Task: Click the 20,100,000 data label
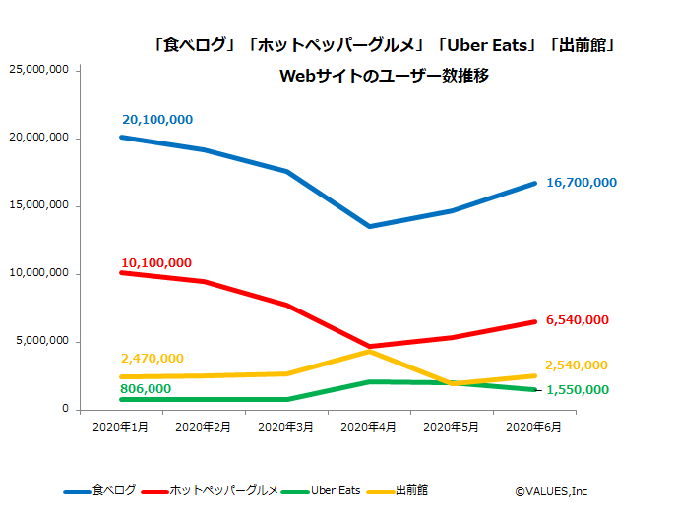[x=157, y=120]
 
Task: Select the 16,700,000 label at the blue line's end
[x=583, y=183]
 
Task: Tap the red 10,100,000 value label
[x=156, y=263]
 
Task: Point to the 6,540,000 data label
[x=577, y=320]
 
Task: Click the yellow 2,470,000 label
[x=153, y=359]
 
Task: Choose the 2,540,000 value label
[x=577, y=365]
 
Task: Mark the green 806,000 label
[x=146, y=389]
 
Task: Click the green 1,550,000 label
[x=577, y=390]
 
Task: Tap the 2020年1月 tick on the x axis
[x=120, y=427]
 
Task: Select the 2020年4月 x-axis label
[x=369, y=427]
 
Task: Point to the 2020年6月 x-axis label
[x=534, y=427]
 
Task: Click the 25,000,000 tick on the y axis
[x=37, y=70]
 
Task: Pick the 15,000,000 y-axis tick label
[x=37, y=205]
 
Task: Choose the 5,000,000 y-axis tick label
[x=41, y=341]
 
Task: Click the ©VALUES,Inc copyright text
[x=551, y=490]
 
